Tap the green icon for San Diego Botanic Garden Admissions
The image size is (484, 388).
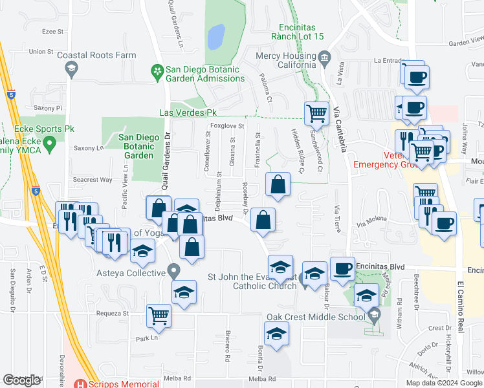[156, 70]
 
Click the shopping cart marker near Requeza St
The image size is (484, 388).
[159, 316]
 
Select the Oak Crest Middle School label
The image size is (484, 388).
[316, 317]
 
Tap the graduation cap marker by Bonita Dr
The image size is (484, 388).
[276, 333]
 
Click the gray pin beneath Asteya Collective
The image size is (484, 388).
[173, 270]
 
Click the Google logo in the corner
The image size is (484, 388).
[21, 380]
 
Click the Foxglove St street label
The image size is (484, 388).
[226, 126]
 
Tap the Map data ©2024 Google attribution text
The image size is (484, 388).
[444, 383]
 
